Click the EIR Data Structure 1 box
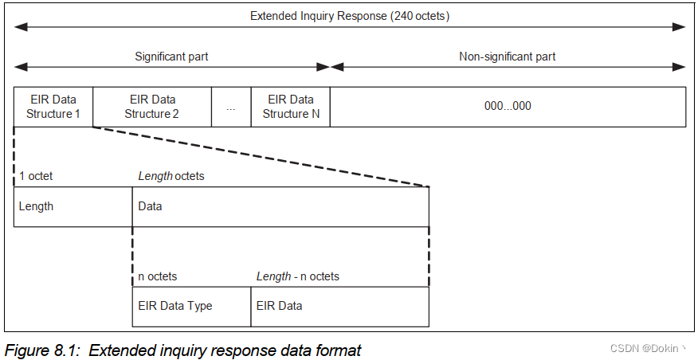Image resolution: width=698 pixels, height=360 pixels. click(x=53, y=107)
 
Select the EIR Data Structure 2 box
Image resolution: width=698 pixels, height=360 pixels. click(x=152, y=107)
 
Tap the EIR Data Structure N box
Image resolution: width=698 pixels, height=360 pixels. click(x=290, y=107)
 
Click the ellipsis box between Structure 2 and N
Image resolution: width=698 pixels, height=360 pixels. click(x=231, y=107)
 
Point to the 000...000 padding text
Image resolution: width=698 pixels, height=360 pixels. click(x=508, y=107)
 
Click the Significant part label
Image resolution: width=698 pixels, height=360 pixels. click(x=171, y=57)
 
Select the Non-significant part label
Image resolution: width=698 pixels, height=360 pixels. click(x=508, y=57)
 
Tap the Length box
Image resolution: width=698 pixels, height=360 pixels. click(x=73, y=206)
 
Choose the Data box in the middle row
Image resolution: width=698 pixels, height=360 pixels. click(x=280, y=206)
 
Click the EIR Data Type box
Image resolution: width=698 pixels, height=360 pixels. click(x=191, y=306)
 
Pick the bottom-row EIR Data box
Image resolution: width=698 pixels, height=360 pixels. click(x=339, y=306)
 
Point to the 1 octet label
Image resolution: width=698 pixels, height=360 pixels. click(x=36, y=176)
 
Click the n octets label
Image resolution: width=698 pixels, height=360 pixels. click(x=158, y=276)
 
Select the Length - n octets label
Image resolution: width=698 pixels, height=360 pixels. click(x=297, y=276)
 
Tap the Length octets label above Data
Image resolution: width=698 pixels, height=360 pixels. click(x=171, y=176)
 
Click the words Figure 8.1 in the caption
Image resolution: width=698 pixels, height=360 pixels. click(x=37, y=350)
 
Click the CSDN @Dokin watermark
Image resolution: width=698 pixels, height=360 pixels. click(x=647, y=349)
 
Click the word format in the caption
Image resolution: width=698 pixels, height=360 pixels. click(x=343, y=350)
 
